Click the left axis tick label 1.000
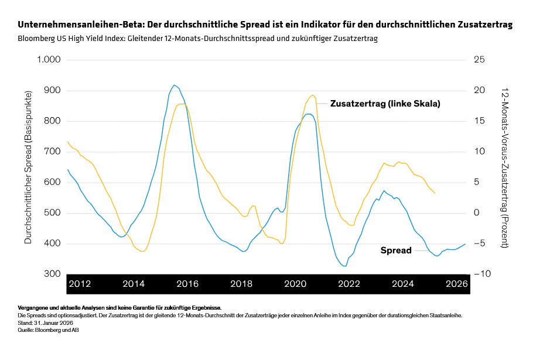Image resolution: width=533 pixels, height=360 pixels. coord(49,60)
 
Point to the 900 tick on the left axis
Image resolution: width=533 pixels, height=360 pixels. coord(53,90)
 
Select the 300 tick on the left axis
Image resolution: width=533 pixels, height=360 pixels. coord(53,274)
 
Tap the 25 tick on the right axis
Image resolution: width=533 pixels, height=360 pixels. coord(479,60)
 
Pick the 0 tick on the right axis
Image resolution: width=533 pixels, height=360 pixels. coord(477,212)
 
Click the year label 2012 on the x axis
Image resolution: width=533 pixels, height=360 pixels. coord(80,284)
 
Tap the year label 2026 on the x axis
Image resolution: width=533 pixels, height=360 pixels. coord(456,284)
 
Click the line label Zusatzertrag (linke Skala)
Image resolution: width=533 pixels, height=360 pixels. coord(385,103)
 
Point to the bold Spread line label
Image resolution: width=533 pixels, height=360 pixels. coord(396,251)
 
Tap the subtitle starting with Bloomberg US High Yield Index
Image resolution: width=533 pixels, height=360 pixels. coord(197,39)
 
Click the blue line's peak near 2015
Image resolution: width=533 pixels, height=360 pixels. coord(174,85)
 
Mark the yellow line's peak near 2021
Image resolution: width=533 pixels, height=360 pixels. coord(312,95)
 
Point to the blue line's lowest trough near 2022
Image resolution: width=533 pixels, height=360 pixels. coord(344,266)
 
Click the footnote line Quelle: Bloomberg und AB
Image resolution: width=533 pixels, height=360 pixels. coord(48,330)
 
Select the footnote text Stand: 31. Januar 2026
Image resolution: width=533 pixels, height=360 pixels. coord(46,323)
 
